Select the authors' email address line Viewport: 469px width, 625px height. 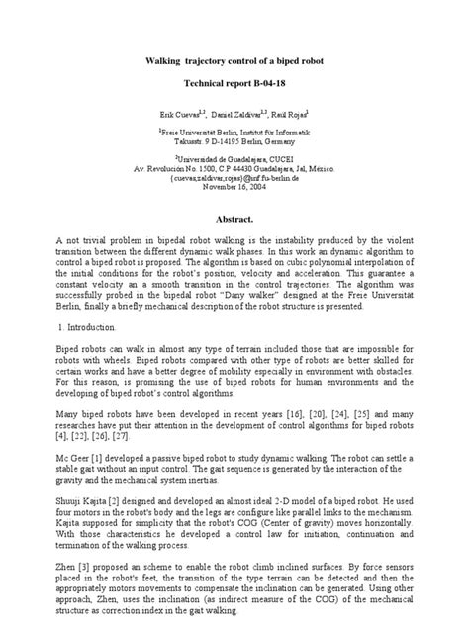pyautogui.click(x=234, y=178)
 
